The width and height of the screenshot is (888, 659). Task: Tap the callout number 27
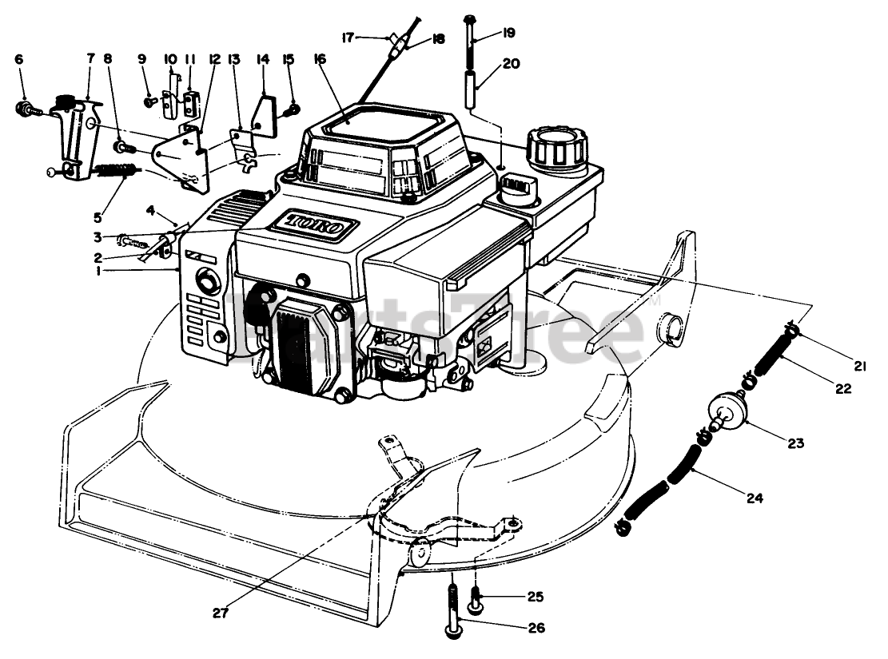click(x=221, y=613)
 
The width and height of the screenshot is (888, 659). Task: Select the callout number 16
click(x=321, y=60)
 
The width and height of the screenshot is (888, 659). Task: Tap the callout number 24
click(x=755, y=498)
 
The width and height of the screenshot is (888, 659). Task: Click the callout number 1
click(x=97, y=272)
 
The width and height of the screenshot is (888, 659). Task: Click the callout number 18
click(x=438, y=38)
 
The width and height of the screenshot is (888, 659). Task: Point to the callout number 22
click(x=844, y=389)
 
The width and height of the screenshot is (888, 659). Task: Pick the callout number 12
click(x=213, y=60)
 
